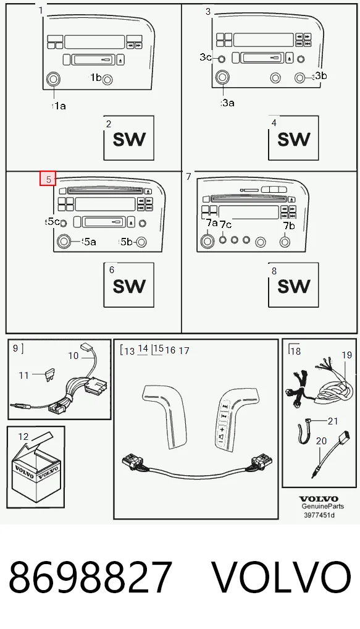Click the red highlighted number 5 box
pyautogui.click(x=48, y=179)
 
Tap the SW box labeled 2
pyautogui.click(x=128, y=138)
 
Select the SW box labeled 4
pyautogui.click(x=293, y=138)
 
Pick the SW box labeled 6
pyautogui.click(x=128, y=285)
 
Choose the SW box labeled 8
pyautogui.click(x=293, y=285)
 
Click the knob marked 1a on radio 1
pyautogui.click(x=53, y=79)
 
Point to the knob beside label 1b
pyautogui.click(x=107, y=80)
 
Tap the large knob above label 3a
pyautogui.click(x=222, y=77)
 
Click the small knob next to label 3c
pyautogui.click(x=221, y=59)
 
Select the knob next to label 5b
pyautogui.click(x=141, y=242)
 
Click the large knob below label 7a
pyautogui.click(x=207, y=241)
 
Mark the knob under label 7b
pyautogui.click(x=285, y=242)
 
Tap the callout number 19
pyautogui.click(x=347, y=355)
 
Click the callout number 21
pyautogui.click(x=333, y=421)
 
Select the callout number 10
pyautogui.click(x=73, y=355)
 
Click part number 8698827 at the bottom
pyautogui.click(x=91, y=577)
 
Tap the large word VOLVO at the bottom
pyautogui.click(x=282, y=577)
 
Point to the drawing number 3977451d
pyautogui.click(x=319, y=515)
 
